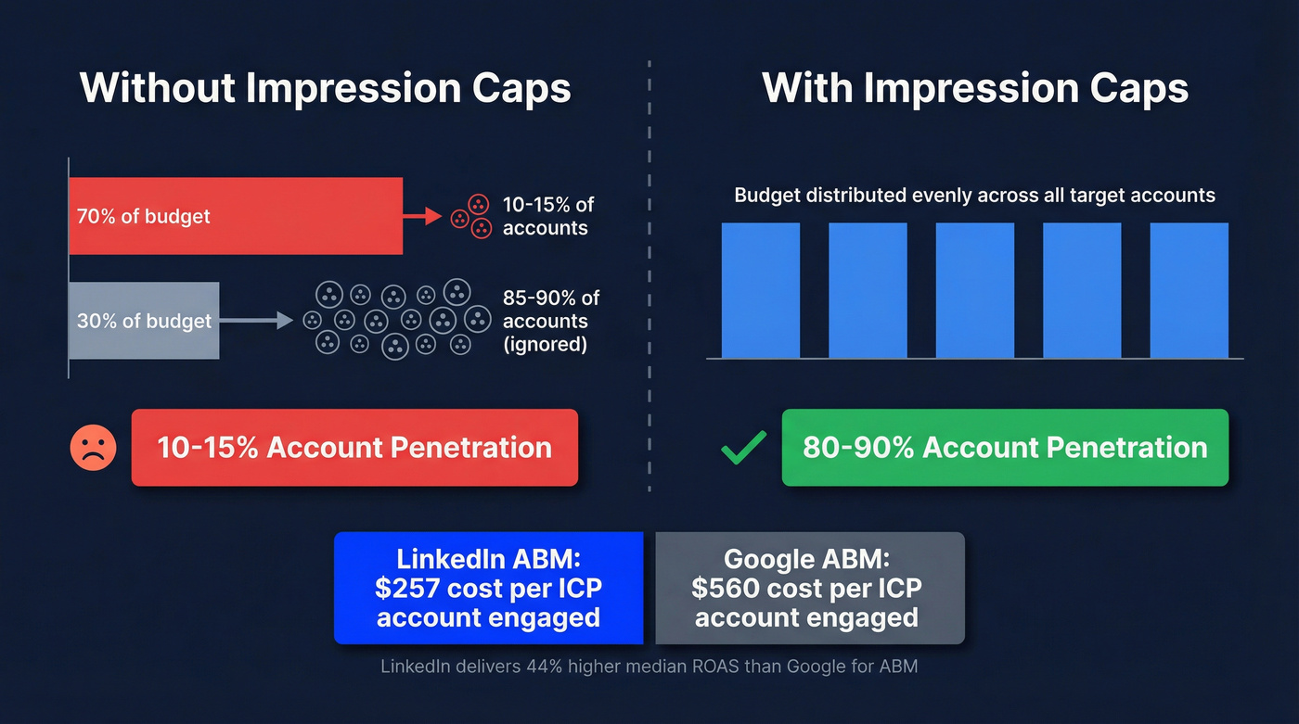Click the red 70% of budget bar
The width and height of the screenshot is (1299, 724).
pos(236,216)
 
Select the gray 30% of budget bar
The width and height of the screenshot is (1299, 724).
pos(144,321)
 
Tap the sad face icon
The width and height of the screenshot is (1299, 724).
pos(94,448)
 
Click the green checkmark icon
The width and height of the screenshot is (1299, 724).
pos(744,448)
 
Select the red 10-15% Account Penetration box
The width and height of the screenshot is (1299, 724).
pos(354,448)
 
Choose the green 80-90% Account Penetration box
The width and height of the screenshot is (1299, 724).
pos(1005,448)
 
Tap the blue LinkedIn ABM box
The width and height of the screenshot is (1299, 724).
pos(488,589)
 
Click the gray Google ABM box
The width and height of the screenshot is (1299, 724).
pos(809,589)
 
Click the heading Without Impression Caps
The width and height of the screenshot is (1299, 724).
pos(325,88)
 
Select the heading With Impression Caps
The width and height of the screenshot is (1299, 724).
pos(975,88)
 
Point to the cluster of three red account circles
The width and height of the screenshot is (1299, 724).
pos(471,217)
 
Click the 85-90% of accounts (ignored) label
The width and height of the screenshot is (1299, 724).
pos(551,321)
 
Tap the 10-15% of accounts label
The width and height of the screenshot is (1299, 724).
pos(547,216)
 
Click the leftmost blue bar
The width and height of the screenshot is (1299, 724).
pos(761,290)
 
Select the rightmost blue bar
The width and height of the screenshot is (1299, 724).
pos(1189,290)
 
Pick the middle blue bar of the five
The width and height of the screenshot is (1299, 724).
pos(974,290)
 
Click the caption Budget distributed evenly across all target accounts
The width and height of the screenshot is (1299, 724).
pos(974,196)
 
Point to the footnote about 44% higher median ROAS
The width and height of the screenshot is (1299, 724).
pos(649,666)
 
